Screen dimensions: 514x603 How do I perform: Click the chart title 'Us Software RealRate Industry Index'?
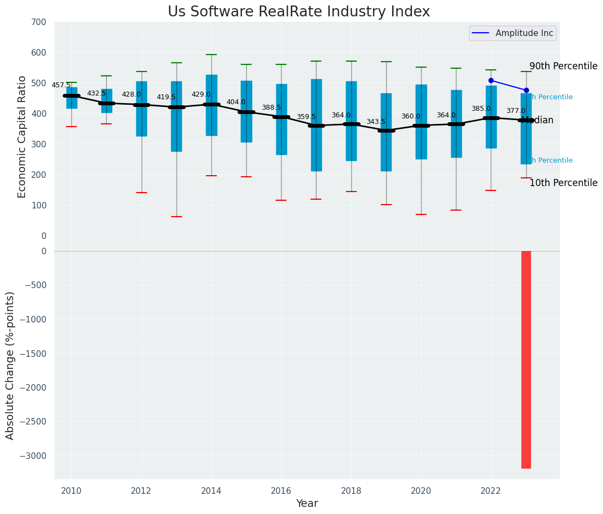tap(299, 12)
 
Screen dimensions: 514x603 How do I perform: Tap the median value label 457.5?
tap(61, 85)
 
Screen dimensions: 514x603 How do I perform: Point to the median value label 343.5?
tap(376, 122)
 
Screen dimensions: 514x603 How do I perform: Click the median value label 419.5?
tap(166, 97)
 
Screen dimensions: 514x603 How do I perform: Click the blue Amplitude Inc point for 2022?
tap(491, 80)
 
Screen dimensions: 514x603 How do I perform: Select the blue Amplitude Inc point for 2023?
tap(526, 90)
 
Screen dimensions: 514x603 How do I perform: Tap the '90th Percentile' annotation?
tap(563, 66)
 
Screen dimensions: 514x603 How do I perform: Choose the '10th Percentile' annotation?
tap(563, 183)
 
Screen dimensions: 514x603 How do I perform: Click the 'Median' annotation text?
tap(538, 121)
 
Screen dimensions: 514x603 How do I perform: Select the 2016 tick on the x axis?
tap(281, 491)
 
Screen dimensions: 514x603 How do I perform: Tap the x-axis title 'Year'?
tap(307, 504)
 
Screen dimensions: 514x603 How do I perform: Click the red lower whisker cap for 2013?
tap(176, 217)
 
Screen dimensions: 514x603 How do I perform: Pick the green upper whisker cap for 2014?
tap(211, 55)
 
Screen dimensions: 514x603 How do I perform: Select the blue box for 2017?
tap(316, 125)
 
